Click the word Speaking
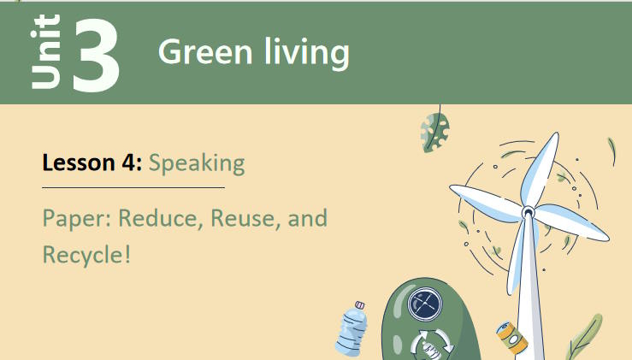click(x=197, y=162)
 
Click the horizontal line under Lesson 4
click(x=133, y=186)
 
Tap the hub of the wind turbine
click(x=528, y=210)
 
